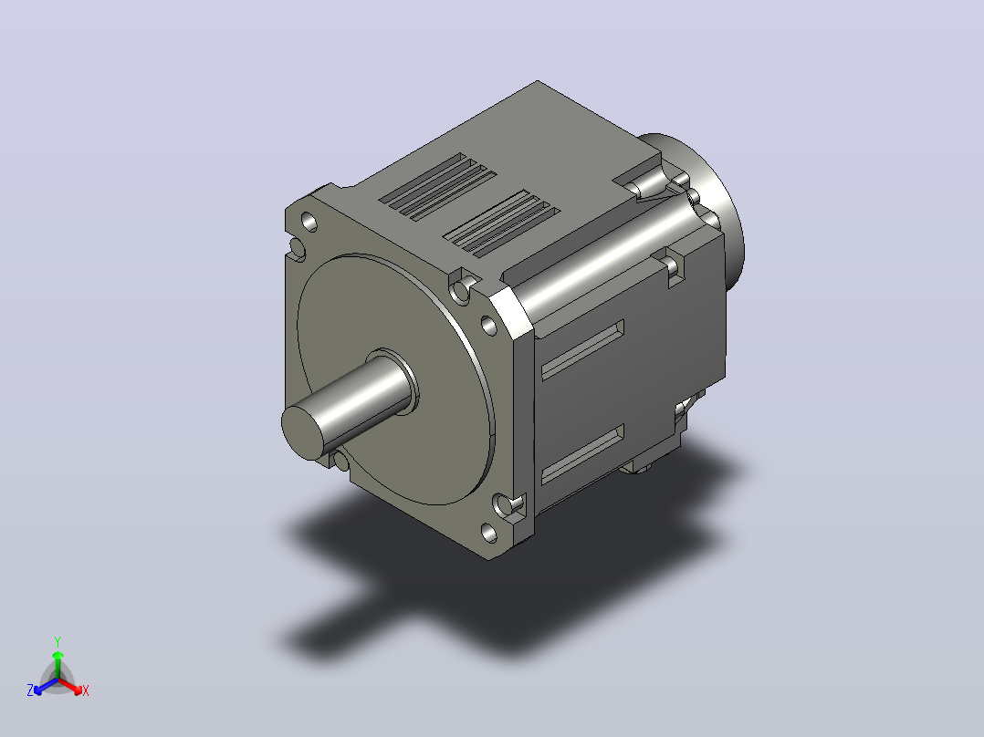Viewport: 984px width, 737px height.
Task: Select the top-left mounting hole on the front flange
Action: pos(309,222)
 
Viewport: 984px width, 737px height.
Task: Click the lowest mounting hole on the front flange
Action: pos(489,534)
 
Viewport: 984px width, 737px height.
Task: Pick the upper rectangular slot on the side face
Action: pos(582,350)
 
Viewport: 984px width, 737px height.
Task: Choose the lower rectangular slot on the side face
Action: pos(582,454)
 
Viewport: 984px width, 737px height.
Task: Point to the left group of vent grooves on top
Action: pos(437,186)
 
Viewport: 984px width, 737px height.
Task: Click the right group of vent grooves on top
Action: pos(501,223)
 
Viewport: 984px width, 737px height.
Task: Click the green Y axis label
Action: pos(58,641)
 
